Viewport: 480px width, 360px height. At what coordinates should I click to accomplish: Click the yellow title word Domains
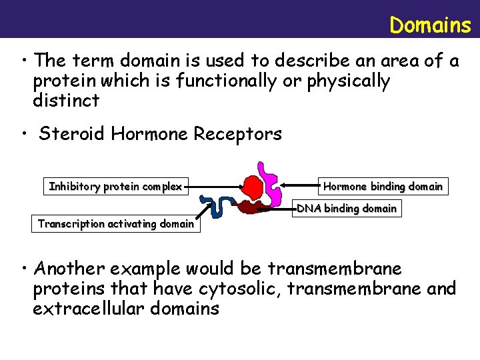[x=430, y=25]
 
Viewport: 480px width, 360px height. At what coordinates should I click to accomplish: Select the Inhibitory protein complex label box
[x=115, y=187]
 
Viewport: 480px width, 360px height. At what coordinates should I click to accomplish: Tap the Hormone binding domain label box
[x=383, y=186]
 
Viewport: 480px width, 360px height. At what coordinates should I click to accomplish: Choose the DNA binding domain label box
[x=347, y=209]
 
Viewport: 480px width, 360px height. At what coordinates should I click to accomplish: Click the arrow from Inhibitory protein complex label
[x=213, y=187]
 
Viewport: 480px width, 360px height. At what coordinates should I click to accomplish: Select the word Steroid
[x=72, y=134]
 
